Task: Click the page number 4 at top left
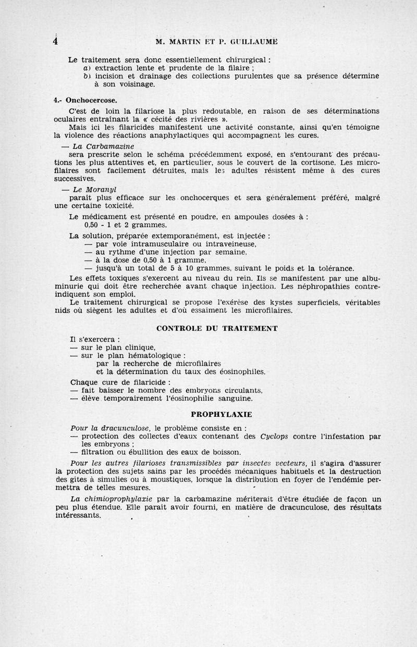55,41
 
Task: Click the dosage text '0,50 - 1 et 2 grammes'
126,225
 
